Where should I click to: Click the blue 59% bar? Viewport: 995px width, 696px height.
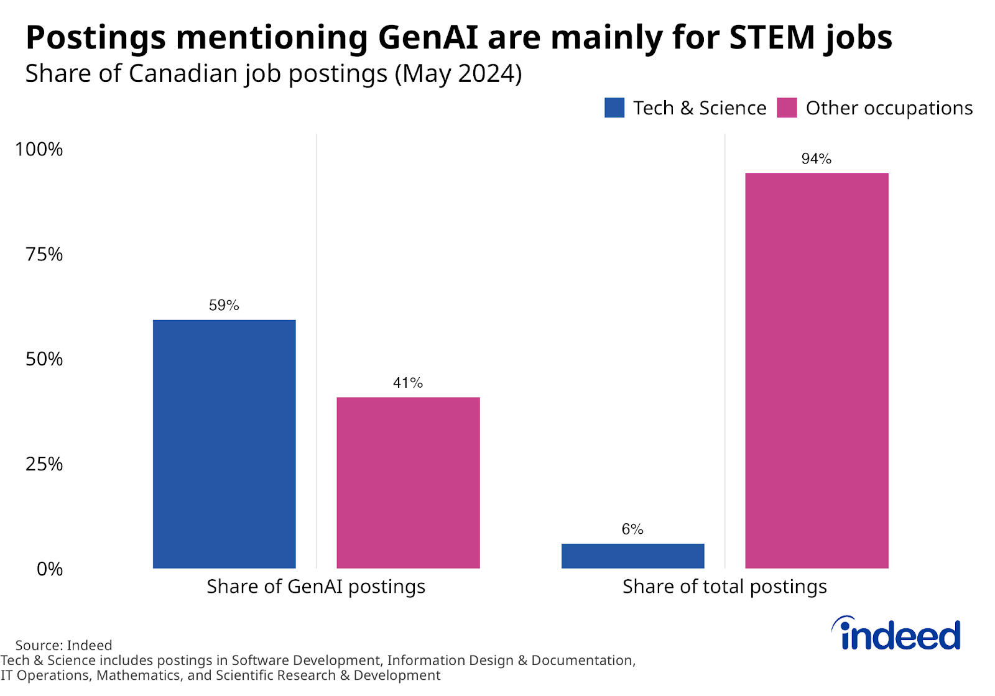click(224, 444)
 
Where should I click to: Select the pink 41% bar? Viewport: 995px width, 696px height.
click(408, 482)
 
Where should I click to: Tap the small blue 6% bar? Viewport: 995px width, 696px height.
click(632, 556)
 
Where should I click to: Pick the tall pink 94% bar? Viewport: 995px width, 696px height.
click(817, 370)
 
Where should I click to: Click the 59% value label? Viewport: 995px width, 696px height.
click(224, 305)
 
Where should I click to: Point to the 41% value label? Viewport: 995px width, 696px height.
click(408, 383)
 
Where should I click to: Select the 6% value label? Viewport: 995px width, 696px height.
click(632, 529)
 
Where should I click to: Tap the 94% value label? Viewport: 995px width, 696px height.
click(817, 159)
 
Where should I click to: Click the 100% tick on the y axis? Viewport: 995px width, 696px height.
click(39, 149)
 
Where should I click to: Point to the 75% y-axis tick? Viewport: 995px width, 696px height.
click(44, 254)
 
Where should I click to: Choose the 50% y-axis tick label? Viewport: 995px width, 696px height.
click(44, 359)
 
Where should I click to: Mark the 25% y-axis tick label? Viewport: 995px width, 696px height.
click(44, 464)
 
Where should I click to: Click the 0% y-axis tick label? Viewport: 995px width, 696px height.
click(49, 569)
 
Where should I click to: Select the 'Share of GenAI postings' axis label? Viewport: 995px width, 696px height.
click(316, 587)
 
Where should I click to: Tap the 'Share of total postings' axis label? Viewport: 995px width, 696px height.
click(724, 587)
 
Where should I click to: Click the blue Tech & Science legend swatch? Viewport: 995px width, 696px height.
click(614, 108)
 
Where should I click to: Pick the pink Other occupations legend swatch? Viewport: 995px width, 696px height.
click(787, 108)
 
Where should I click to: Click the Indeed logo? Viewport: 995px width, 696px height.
click(897, 634)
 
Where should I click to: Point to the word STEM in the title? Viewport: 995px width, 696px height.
click(772, 37)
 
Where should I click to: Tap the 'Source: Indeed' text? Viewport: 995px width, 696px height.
click(63, 645)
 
